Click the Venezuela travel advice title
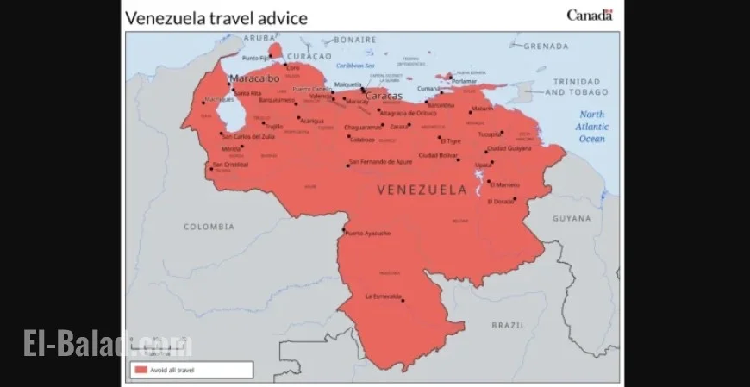[216, 17]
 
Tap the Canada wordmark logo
[590, 15]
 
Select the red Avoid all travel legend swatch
[140, 370]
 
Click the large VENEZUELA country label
[421, 189]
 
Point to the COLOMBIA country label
[209, 227]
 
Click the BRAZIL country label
[508, 325]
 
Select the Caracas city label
[384, 96]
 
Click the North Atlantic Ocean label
[591, 126]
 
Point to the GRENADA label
[546, 46]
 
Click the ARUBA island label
[258, 38]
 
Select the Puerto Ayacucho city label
[368, 233]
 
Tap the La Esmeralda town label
[384, 296]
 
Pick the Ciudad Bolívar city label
[439, 155]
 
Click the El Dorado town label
[500, 202]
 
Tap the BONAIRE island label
[355, 39]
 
